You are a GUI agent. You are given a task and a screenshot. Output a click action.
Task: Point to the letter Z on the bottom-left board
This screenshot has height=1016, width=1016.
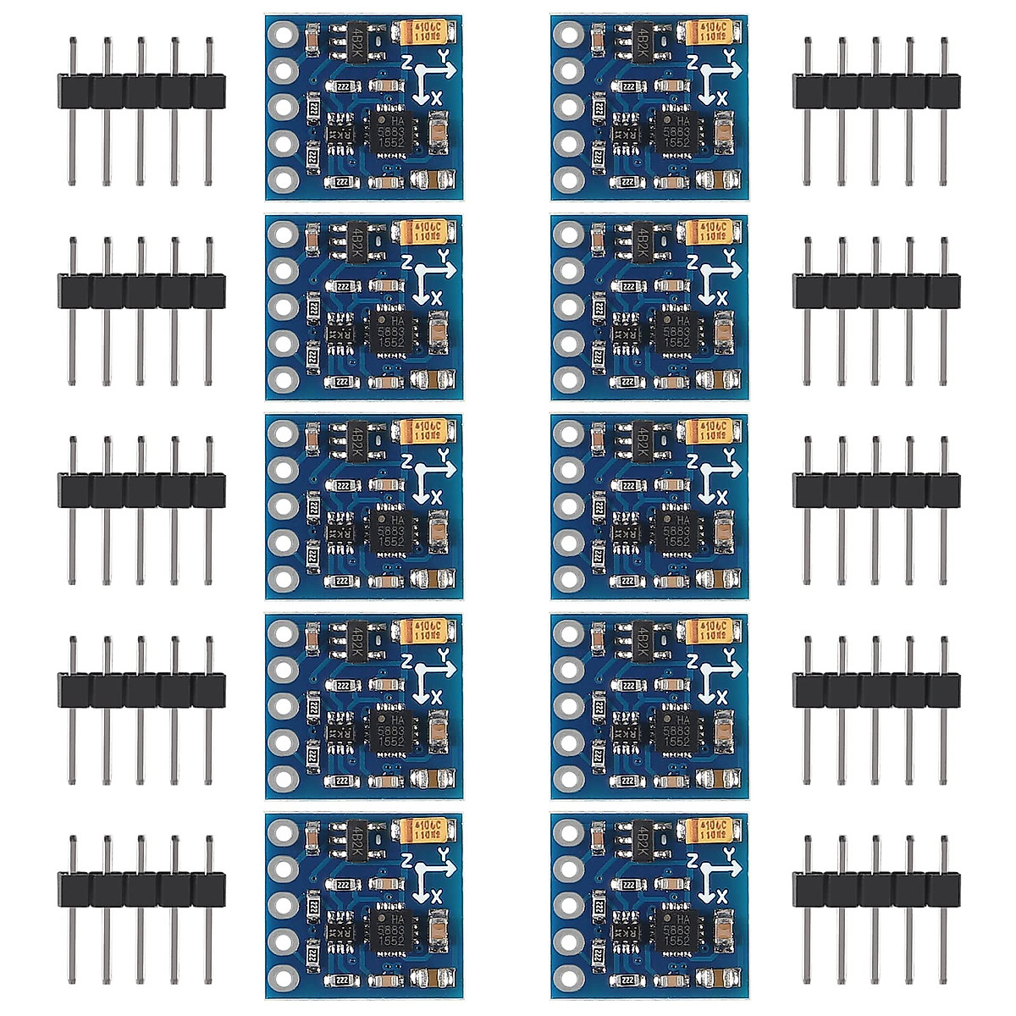407,860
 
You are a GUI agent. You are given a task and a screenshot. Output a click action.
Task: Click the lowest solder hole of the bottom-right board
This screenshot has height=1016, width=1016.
569,977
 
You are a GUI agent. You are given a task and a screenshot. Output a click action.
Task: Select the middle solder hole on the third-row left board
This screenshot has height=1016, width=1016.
283,505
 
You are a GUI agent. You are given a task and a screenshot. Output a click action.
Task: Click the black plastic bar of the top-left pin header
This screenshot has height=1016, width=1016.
141,91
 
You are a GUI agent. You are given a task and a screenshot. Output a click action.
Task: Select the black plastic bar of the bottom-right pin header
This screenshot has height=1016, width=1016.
876,890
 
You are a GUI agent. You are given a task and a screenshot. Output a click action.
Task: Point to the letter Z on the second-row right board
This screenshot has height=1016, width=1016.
693,262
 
